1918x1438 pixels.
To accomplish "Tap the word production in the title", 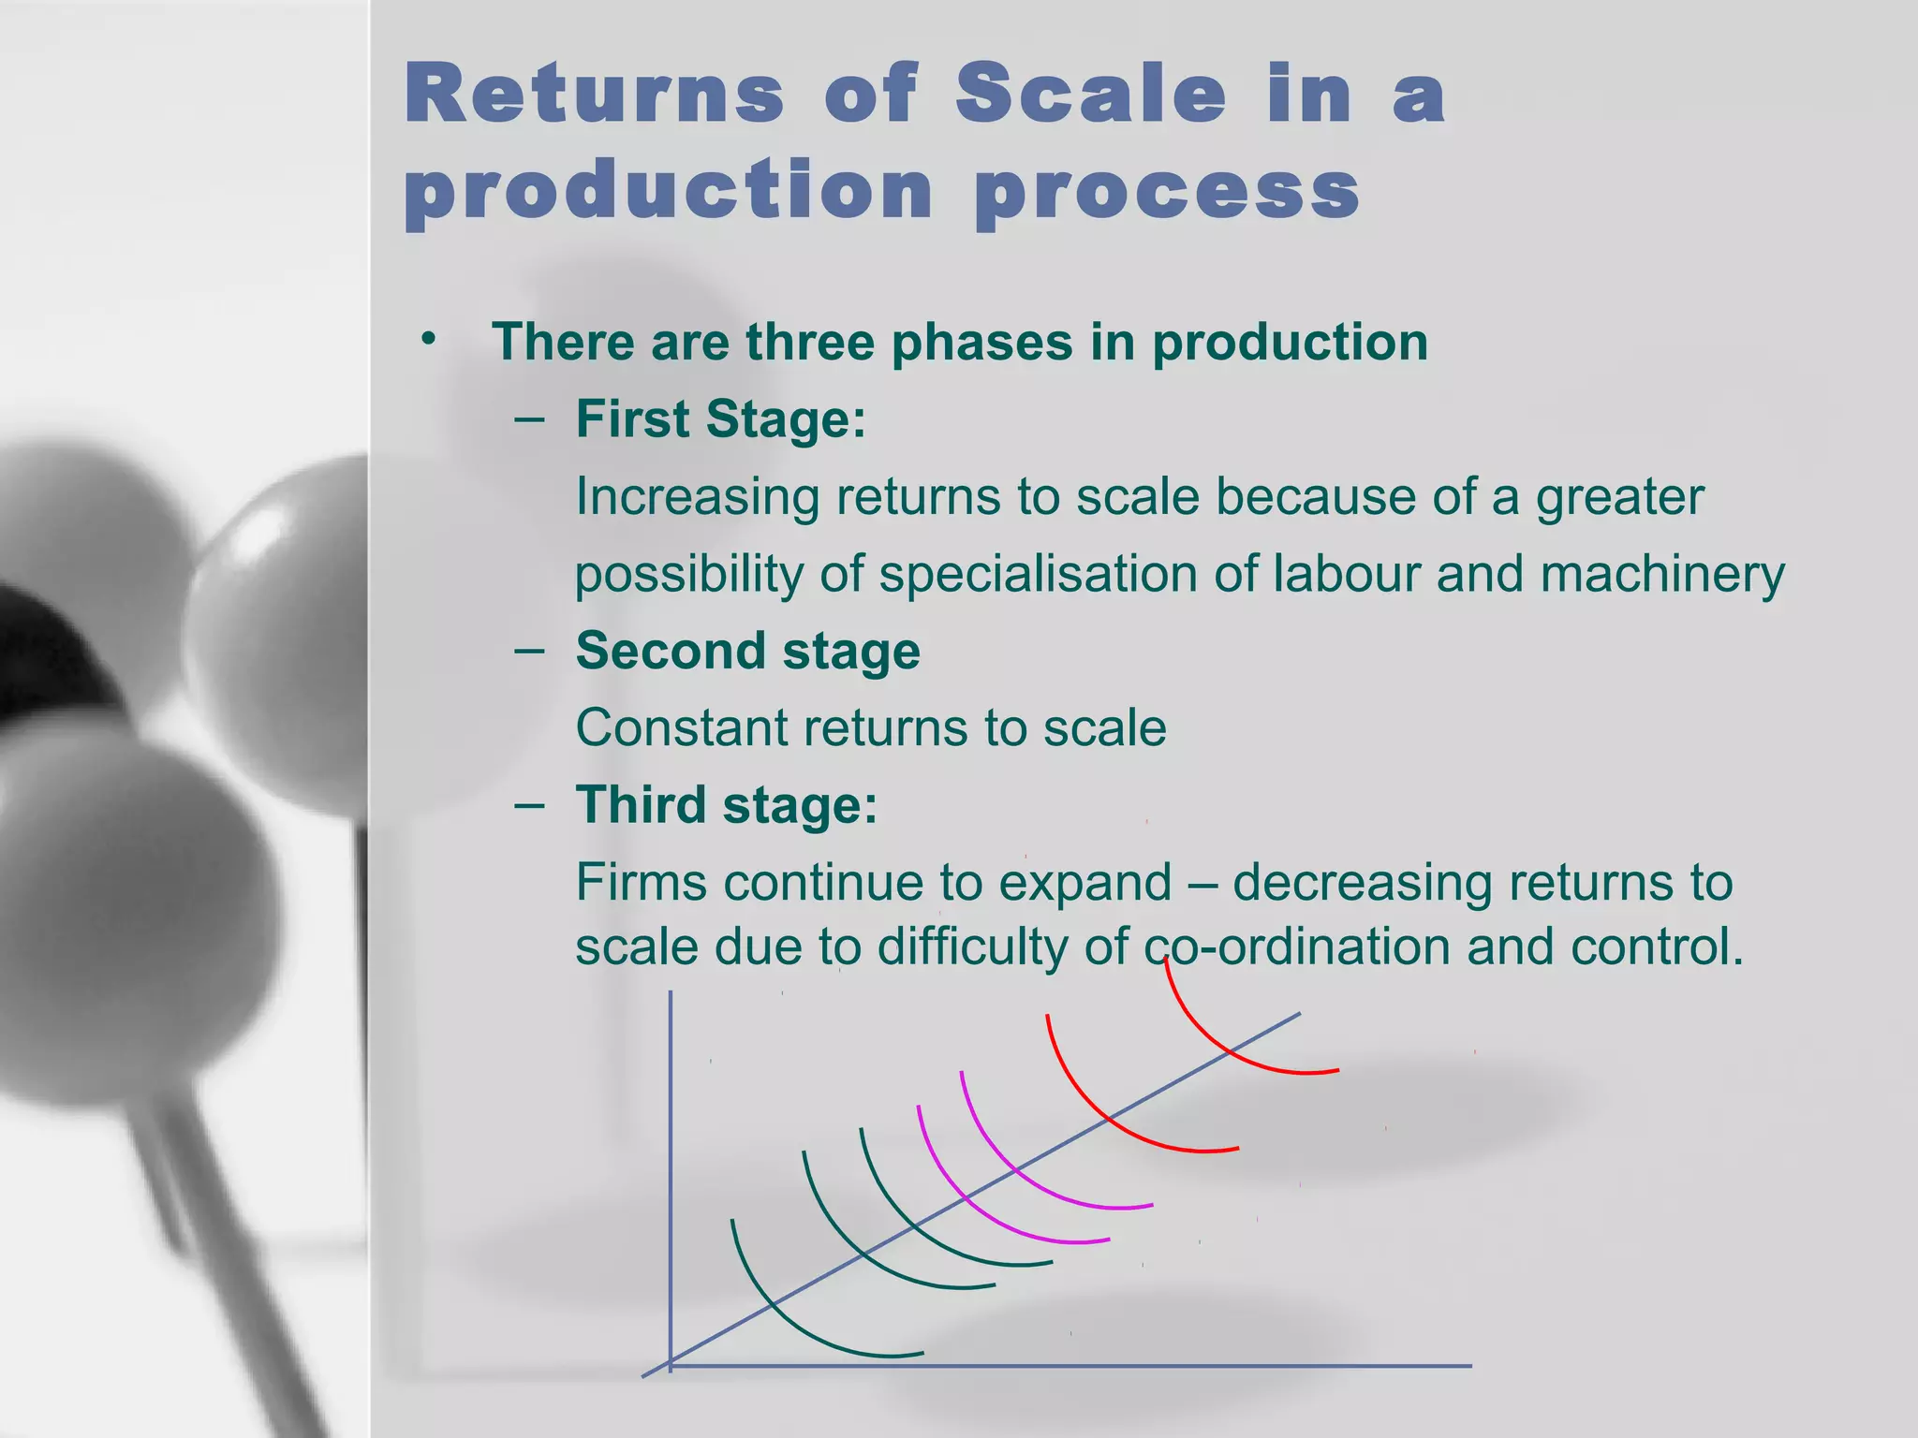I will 669,192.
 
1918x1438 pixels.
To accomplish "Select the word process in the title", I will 1167,192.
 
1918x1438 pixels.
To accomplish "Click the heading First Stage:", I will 720,418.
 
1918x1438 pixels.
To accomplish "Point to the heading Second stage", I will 747,651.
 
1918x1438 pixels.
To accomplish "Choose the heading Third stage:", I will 727,805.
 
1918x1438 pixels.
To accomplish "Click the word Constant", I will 682,728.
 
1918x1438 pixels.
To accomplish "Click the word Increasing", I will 697,497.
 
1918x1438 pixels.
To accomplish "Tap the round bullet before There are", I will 429,338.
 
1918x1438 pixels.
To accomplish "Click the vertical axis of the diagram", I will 671,1170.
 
